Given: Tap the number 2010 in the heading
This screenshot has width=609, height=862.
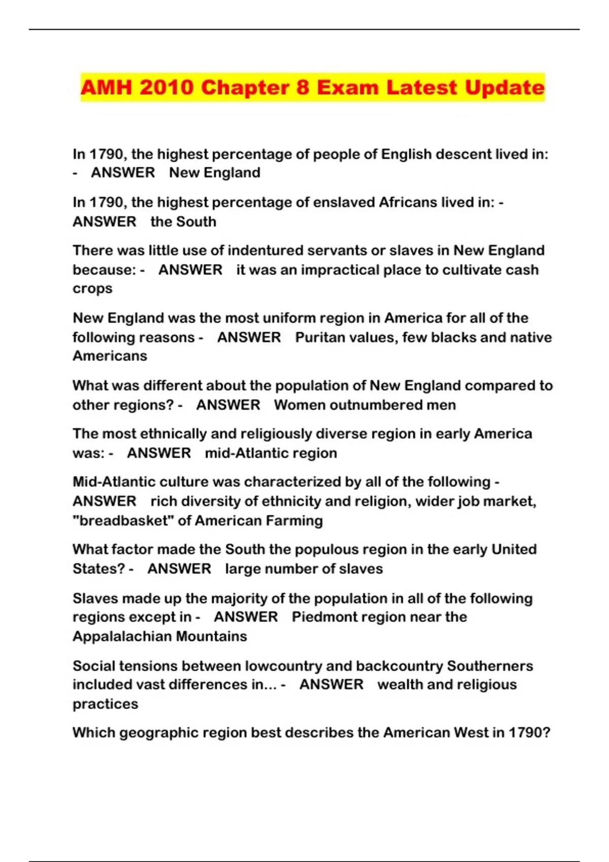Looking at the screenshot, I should click(x=166, y=88).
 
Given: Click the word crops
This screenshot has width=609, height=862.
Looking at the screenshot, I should click(x=92, y=289).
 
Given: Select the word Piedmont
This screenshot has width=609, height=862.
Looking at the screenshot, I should click(x=327, y=617).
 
